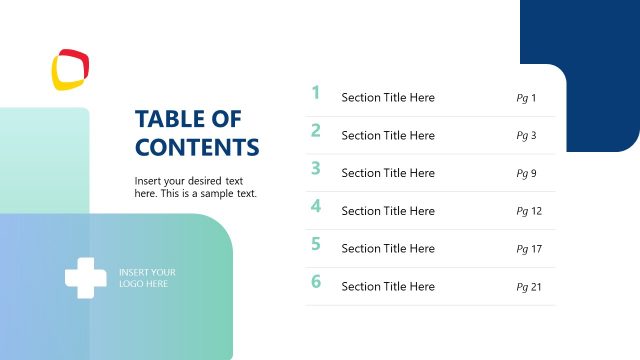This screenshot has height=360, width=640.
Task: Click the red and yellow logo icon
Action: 71,70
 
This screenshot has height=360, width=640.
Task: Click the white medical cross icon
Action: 86,278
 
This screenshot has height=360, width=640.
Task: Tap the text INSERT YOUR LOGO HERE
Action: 147,278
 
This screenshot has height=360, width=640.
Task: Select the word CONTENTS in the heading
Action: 197,148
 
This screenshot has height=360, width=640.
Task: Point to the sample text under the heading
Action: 195,187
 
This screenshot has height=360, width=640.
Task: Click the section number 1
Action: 316,93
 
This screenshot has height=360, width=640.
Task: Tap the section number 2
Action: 316,130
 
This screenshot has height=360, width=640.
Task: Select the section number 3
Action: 316,168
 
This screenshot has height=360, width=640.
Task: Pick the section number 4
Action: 316,206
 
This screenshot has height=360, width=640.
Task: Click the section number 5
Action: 316,243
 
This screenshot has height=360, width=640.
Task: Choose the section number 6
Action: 316,281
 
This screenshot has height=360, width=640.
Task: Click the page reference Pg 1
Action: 526,98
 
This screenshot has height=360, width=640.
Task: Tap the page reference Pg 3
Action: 526,136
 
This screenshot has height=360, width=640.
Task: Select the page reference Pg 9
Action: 526,174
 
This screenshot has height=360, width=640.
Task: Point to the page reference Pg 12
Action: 529,211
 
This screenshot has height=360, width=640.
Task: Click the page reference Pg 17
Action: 529,249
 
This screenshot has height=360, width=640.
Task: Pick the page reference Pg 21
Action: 529,287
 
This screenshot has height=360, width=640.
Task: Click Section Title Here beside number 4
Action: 388,211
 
